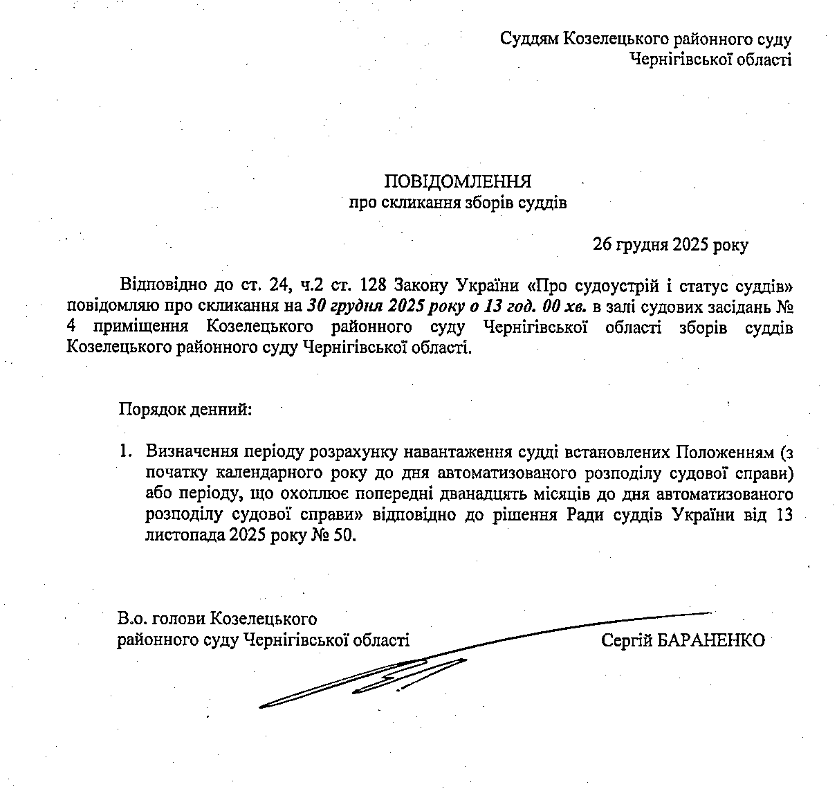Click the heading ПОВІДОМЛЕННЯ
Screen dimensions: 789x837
pyautogui.click(x=458, y=182)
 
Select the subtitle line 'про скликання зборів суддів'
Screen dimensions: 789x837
pyautogui.click(x=457, y=203)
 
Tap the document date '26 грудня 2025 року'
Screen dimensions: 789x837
pyautogui.click(x=670, y=245)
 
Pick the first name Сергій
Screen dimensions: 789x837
pyautogui.click(x=627, y=640)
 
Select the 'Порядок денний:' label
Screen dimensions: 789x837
pyautogui.click(x=185, y=409)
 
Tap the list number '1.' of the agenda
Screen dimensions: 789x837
pyautogui.click(x=125, y=452)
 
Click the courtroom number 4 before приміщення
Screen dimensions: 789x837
pyautogui.click(x=71, y=327)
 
